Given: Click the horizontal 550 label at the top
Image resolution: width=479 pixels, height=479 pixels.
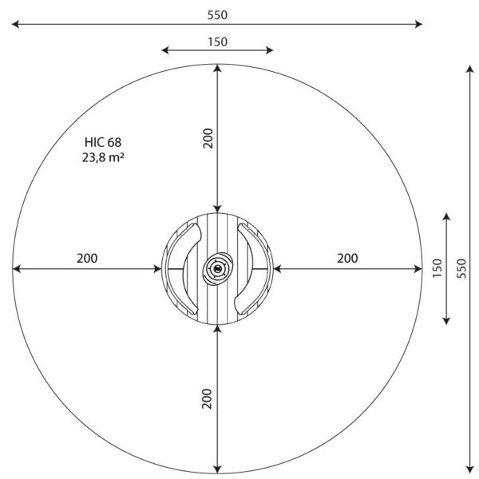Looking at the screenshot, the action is [217, 15].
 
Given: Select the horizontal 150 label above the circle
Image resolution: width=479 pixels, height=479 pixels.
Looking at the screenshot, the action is [217, 42].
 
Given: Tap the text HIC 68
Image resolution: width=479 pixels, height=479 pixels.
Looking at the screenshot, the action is [103, 142].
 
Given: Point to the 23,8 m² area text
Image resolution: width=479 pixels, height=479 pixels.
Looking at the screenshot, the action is [103, 157].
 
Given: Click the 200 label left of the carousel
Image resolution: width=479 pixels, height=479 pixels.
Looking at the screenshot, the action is [87, 259].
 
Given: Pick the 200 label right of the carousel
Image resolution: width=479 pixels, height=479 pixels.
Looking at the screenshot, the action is [347, 259].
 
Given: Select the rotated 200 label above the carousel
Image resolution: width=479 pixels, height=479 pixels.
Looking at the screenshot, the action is [208, 138].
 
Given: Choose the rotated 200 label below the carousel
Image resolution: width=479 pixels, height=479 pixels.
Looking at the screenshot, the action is [207, 398].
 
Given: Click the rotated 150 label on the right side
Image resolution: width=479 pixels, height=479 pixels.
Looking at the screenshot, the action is [437, 268].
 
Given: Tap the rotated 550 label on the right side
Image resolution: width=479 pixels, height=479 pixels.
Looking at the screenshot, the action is [461, 268].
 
